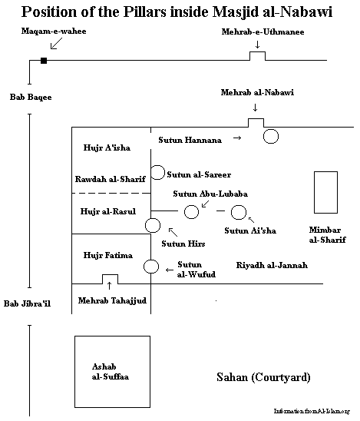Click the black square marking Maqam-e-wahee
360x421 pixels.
coord(44,61)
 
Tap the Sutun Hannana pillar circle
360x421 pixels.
coord(271,129)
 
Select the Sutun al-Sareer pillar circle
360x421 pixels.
coord(157,165)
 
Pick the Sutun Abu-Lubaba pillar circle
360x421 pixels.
coord(192,205)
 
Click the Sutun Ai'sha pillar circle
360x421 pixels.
coord(239,205)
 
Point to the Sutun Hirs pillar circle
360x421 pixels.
coord(153,218)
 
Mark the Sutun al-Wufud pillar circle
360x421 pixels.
coord(151,260)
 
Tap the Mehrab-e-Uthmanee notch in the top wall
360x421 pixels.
coord(257,52)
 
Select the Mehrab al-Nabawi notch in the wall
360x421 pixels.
coord(256,119)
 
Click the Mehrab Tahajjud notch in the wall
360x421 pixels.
coord(110,275)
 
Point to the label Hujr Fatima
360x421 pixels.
coord(107,255)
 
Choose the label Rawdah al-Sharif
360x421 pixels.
coord(111,179)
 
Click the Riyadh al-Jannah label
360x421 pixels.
coord(272,265)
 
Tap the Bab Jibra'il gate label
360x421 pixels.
coord(27,303)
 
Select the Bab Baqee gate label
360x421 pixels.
coord(31,97)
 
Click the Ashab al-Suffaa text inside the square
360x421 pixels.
coord(111,372)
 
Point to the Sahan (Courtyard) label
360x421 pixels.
coord(263,377)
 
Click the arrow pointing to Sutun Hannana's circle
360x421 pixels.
coord(237,138)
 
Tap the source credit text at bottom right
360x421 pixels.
coord(312,411)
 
